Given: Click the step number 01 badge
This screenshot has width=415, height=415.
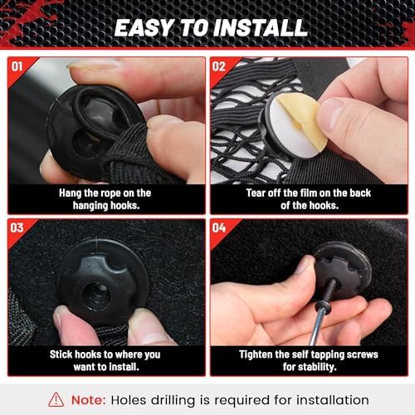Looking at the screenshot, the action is click(17, 66).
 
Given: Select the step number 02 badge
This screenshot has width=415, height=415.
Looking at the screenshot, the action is click(219, 66).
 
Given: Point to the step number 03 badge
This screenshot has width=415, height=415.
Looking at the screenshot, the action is click(17, 228).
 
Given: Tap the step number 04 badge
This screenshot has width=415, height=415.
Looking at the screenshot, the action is click(219, 228).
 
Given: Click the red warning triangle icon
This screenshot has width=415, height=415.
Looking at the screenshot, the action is click(56, 400).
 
